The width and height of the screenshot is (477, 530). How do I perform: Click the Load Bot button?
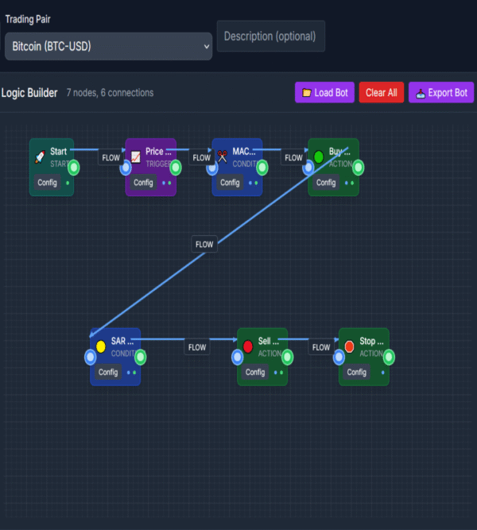tap(324, 93)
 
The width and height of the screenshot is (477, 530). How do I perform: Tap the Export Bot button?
tap(440, 93)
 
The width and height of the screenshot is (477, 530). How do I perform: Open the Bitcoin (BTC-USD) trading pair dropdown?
tap(108, 46)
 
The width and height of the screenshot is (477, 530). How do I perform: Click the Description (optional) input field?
tap(270, 37)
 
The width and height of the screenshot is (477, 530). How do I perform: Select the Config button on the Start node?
tap(48, 183)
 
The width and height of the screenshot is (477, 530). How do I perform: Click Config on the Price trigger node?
tap(143, 183)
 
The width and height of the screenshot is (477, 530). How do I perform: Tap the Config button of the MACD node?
tap(230, 183)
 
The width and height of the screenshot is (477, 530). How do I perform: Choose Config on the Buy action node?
tap(326, 183)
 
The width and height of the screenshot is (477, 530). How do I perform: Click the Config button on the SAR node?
tap(108, 372)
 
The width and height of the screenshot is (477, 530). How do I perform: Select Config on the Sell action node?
tap(255, 372)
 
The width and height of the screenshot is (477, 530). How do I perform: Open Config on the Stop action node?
tap(356, 372)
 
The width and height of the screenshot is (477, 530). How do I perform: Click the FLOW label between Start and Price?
tap(111, 157)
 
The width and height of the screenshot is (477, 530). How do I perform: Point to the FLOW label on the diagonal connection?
tap(204, 244)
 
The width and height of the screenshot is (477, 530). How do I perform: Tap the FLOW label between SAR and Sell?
tap(197, 347)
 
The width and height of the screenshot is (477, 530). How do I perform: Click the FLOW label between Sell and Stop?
tap(321, 347)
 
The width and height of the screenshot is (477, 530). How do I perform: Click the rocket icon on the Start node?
tap(41, 157)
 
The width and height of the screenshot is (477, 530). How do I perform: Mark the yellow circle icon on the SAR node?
tap(101, 346)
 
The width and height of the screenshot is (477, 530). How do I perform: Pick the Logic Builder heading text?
tap(29, 93)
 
